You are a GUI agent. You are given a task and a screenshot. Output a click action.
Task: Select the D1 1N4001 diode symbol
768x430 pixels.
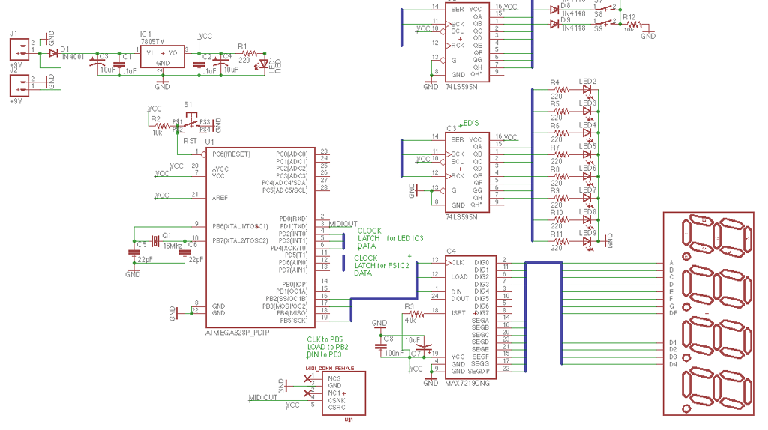pos(53,53)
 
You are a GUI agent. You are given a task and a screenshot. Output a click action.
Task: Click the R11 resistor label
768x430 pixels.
pos(556,234)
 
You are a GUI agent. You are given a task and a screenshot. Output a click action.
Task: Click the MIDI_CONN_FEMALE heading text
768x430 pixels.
pos(330,369)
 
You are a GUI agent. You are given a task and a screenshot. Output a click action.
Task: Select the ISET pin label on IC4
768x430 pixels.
pos(458,313)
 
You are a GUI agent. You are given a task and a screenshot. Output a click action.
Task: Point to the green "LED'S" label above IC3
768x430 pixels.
pos(469,123)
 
